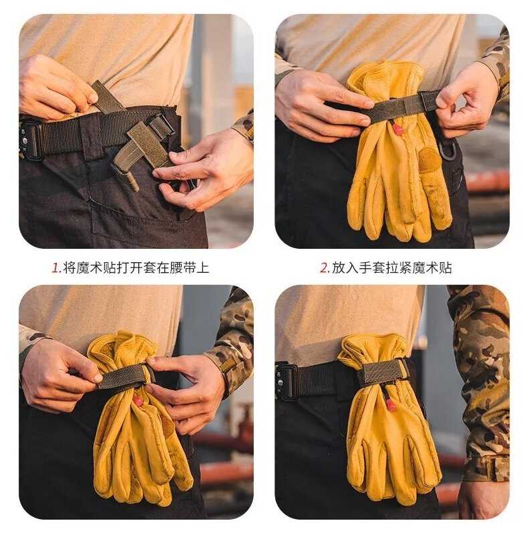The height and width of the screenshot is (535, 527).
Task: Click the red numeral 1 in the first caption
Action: (x=55, y=268)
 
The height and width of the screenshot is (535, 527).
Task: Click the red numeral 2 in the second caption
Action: (x=324, y=268)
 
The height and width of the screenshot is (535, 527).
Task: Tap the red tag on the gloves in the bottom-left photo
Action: (x=138, y=402)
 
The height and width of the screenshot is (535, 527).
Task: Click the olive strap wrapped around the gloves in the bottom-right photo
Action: (x=383, y=373)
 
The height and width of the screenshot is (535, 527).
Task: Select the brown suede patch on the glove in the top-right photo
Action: (x=429, y=159)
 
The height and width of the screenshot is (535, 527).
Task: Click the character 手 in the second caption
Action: (x=365, y=267)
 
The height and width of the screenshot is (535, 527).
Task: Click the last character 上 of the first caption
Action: (x=203, y=267)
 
